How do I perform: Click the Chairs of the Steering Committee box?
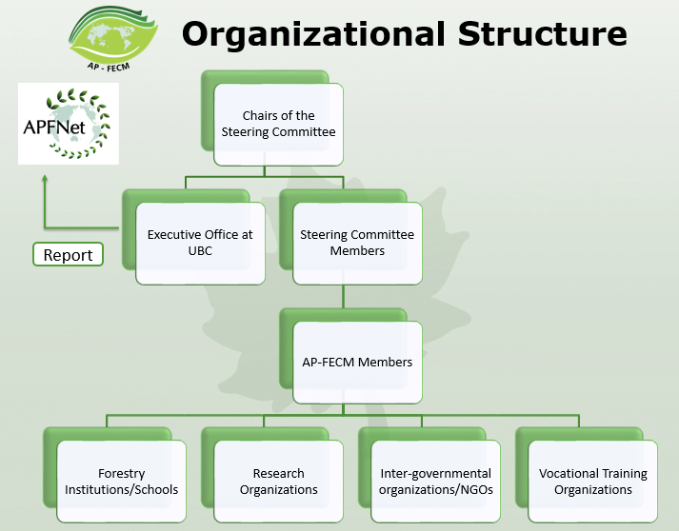click(278, 125)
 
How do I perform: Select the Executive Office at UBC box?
click(200, 243)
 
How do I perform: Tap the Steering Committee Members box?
click(357, 243)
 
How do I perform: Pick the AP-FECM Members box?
click(357, 362)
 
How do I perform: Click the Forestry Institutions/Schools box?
click(122, 482)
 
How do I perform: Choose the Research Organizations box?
click(279, 482)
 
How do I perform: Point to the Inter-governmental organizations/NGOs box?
click(436, 482)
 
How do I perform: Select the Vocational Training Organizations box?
click(592, 482)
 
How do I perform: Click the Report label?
click(69, 255)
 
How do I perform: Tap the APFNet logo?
click(69, 123)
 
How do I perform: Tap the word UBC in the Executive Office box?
click(200, 251)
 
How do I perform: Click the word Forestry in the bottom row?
click(122, 473)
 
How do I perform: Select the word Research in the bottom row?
click(279, 473)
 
